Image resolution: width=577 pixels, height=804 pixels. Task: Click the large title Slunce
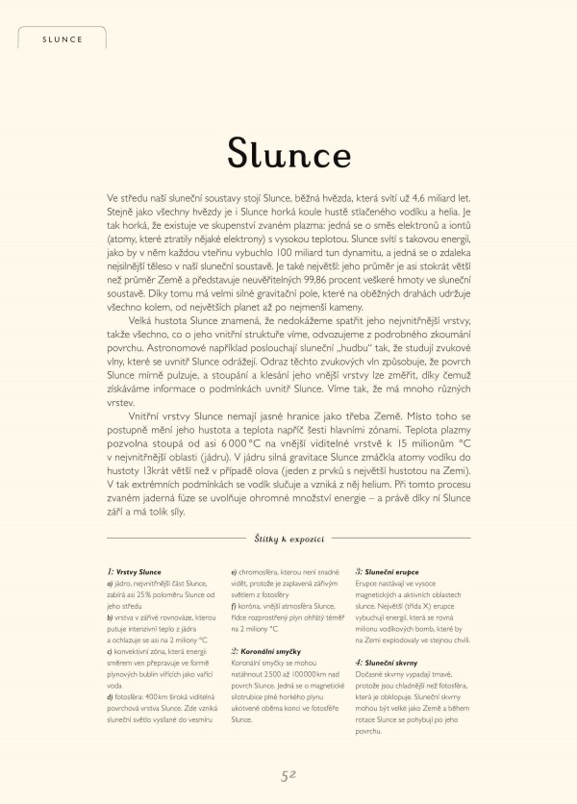(x=288, y=151)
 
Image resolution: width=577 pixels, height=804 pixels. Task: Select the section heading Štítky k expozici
(x=288, y=542)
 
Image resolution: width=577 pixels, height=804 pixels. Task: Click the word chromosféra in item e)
(x=262, y=573)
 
